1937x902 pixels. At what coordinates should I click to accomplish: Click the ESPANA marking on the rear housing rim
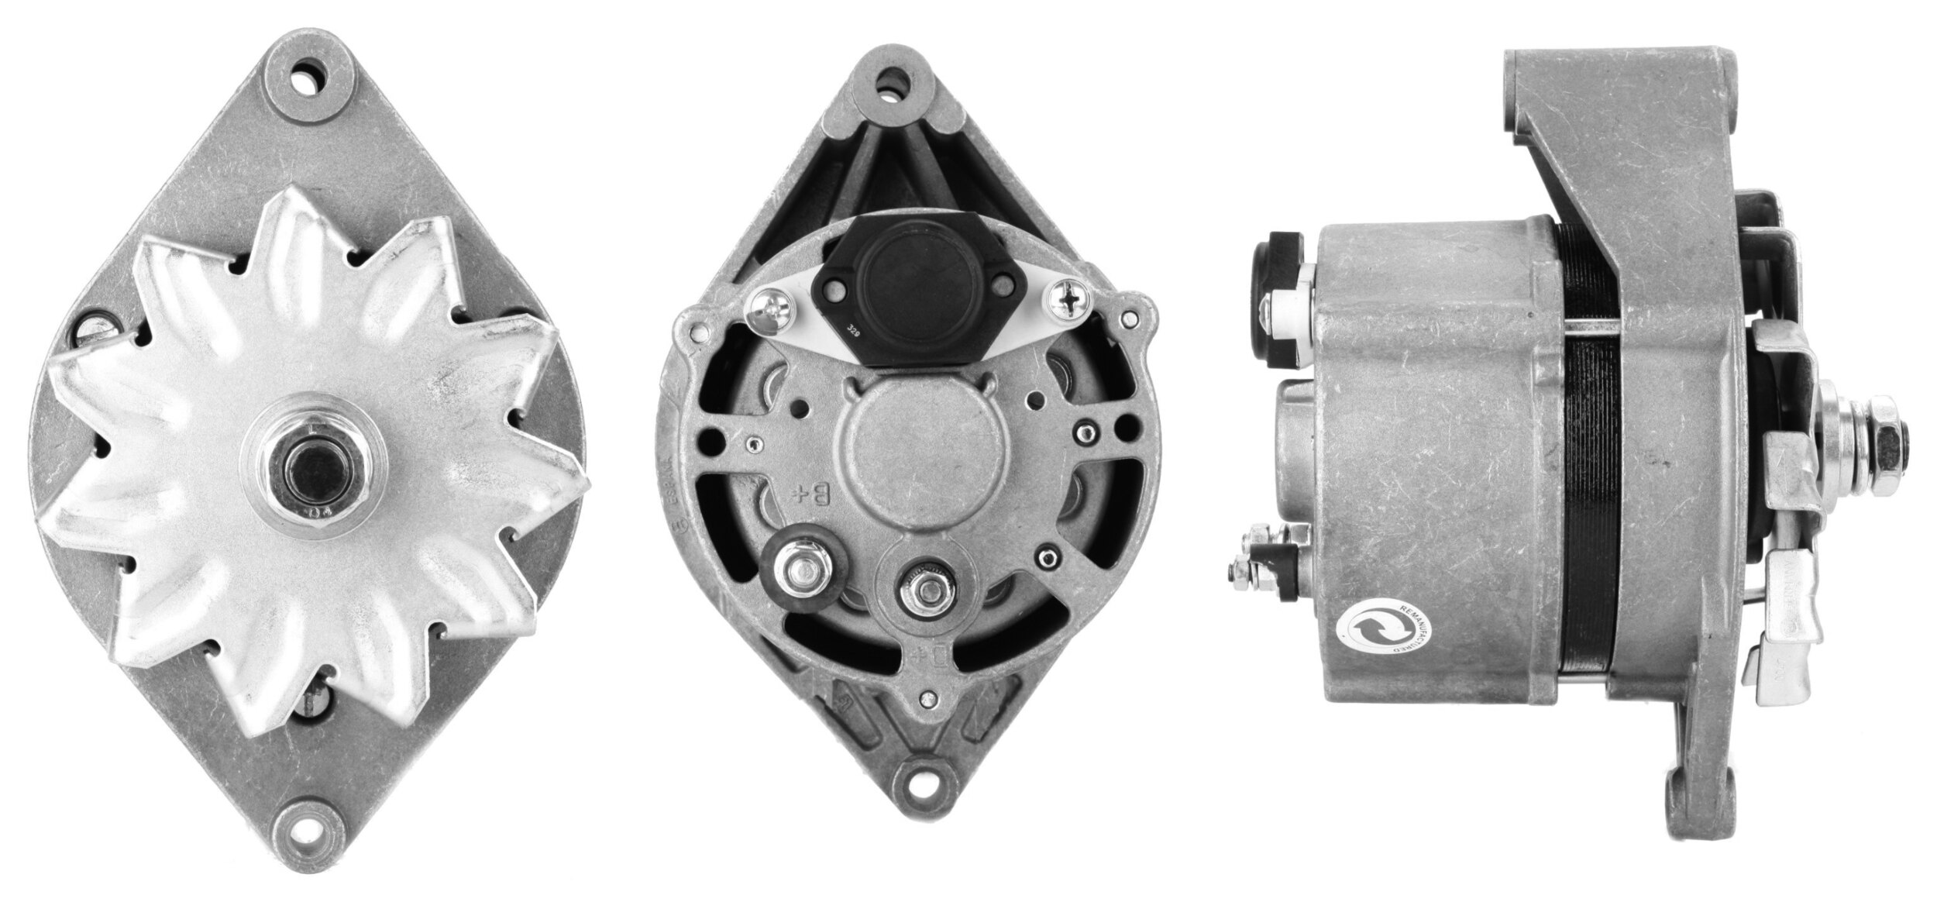coord(675,496)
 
